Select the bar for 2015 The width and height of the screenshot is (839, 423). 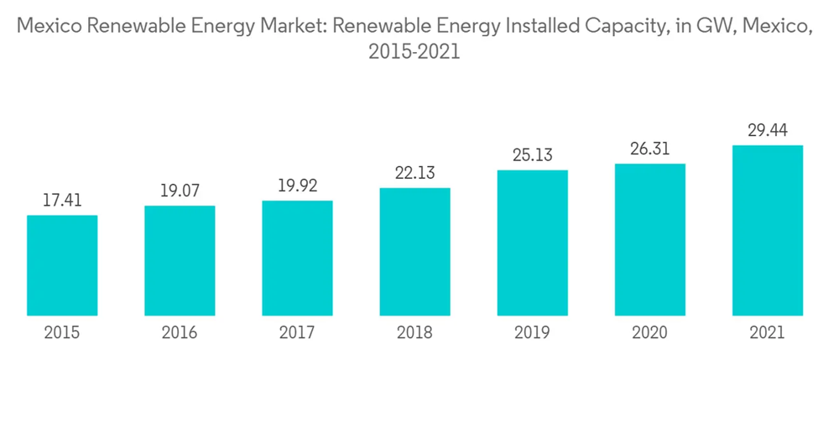click(x=62, y=265)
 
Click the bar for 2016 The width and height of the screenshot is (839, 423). click(x=180, y=260)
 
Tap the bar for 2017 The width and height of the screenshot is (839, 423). click(x=297, y=258)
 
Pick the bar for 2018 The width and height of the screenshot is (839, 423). click(x=414, y=252)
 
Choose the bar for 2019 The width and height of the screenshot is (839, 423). click(x=532, y=243)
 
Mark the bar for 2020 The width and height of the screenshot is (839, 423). click(x=649, y=239)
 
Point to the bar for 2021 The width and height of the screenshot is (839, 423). click(x=767, y=230)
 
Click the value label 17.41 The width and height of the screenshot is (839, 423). click(x=62, y=201)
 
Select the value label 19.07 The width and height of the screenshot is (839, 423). click(x=180, y=191)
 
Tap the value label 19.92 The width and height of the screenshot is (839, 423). click(x=297, y=185)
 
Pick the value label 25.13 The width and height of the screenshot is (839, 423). click(x=532, y=155)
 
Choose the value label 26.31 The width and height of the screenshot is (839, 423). click(x=649, y=149)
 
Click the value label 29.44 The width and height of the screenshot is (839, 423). click(x=767, y=130)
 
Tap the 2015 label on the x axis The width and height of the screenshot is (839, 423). click(x=62, y=333)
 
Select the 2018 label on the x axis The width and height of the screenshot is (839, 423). click(x=414, y=333)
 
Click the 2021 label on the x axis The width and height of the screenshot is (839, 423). click(x=767, y=333)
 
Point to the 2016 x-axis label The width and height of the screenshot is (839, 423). click(x=180, y=333)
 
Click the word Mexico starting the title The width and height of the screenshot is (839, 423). click(x=46, y=27)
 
